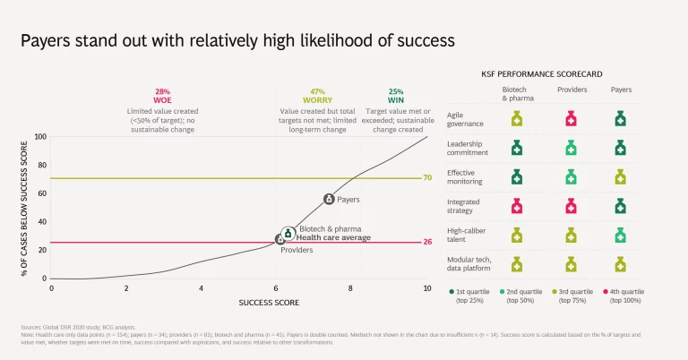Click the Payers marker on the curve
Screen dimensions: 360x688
click(x=329, y=199)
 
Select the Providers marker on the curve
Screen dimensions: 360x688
click(x=280, y=240)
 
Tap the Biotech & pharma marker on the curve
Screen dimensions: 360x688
click(x=288, y=234)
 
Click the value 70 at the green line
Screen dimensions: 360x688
click(x=428, y=178)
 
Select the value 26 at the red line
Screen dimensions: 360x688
click(x=428, y=242)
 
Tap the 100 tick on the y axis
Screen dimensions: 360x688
click(x=39, y=137)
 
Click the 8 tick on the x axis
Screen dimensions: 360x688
click(x=352, y=287)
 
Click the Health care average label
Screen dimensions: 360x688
click(x=333, y=238)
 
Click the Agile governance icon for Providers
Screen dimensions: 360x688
click(x=570, y=118)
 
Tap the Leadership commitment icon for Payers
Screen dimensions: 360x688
click(x=620, y=148)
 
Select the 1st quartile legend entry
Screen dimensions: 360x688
click(x=476, y=292)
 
